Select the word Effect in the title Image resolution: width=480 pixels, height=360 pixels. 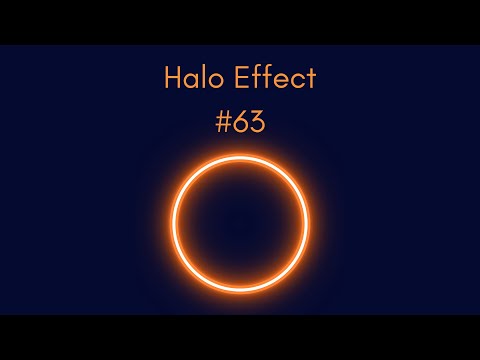tap(275, 77)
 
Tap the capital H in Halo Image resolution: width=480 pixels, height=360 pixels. tap(173, 78)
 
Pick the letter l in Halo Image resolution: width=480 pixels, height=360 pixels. tap(204, 77)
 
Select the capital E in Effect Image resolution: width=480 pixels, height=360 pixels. tap(240, 78)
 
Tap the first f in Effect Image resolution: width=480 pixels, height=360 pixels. tap(255, 77)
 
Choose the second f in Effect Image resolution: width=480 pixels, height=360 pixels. tap(266, 77)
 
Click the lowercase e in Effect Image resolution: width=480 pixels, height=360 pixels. tap(280, 81)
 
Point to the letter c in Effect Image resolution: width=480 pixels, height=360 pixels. tap(297, 81)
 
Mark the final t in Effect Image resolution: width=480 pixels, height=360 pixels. tap(311, 79)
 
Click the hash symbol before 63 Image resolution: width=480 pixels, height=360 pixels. tap(223, 122)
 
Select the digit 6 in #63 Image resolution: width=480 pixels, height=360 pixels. tap(241, 122)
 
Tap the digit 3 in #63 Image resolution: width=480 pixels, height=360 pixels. tap(258, 122)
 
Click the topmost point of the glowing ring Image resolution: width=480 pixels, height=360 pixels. tap(240, 157)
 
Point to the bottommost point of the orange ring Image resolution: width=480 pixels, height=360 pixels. tap(240, 291)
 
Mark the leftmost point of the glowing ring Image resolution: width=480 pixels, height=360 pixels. tap(173, 224)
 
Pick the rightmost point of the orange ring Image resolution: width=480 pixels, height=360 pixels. tap(307, 224)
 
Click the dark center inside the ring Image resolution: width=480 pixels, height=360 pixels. tap(240, 224)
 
